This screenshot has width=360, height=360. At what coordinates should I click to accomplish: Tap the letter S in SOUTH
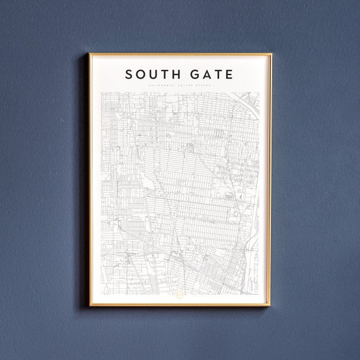(129, 75)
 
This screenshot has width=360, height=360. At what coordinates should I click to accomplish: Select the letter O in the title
(140, 75)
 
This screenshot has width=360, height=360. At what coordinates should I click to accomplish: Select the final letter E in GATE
(229, 75)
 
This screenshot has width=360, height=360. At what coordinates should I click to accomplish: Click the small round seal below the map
(179, 294)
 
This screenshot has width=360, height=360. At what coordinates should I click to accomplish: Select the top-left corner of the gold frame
(90, 54)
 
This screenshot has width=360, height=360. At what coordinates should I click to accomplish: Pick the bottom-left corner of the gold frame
(90, 306)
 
